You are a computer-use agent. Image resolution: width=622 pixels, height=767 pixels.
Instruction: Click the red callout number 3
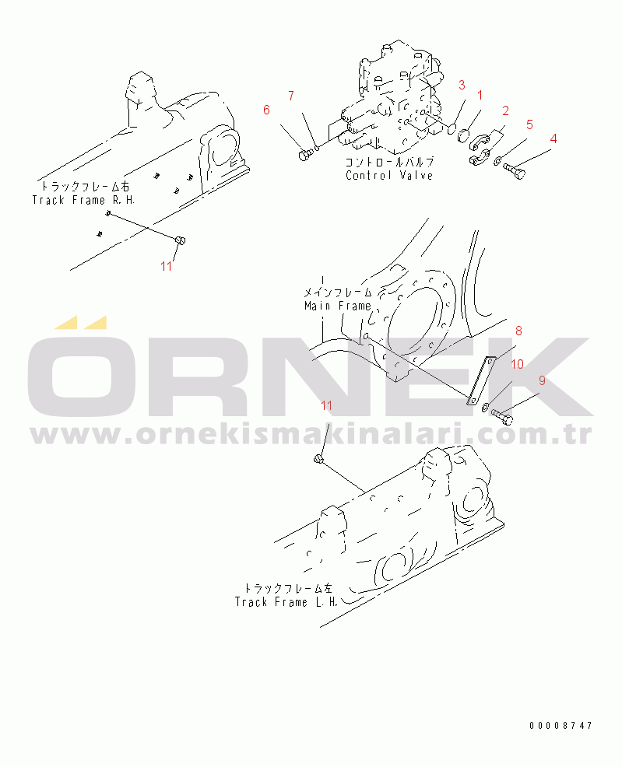click(x=462, y=85)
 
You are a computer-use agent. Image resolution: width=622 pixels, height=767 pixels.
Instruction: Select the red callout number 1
click(x=480, y=96)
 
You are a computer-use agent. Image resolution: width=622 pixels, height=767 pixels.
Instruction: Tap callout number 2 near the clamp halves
click(x=505, y=110)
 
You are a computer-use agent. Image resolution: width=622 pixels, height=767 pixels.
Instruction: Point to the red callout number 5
click(x=529, y=124)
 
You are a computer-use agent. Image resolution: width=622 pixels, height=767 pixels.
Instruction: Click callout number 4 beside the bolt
click(x=553, y=138)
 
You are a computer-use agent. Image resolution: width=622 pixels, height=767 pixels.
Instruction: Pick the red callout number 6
click(x=266, y=110)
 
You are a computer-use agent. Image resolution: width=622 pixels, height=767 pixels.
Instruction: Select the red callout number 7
click(x=291, y=96)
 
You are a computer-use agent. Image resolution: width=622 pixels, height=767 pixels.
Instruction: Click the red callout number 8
click(x=518, y=331)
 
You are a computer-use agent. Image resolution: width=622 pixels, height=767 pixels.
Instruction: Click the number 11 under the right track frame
click(x=167, y=266)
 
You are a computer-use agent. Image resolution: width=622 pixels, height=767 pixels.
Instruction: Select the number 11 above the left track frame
click(x=326, y=405)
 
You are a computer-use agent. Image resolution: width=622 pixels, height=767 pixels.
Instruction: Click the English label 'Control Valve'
click(x=389, y=176)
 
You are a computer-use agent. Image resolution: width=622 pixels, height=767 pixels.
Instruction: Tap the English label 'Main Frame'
click(x=338, y=306)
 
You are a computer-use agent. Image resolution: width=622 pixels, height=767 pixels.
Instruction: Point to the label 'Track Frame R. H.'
click(x=83, y=200)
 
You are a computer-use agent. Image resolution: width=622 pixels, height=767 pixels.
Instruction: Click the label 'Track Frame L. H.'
click(x=286, y=602)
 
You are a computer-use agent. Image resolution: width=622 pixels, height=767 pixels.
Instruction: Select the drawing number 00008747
click(x=561, y=726)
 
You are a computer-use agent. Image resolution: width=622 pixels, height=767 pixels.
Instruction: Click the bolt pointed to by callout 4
click(x=514, y=170)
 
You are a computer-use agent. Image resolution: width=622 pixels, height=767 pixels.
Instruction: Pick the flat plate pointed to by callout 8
click(x=482, y=381)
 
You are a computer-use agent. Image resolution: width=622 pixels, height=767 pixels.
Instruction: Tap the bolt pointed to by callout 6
click(x=304, y=155)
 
